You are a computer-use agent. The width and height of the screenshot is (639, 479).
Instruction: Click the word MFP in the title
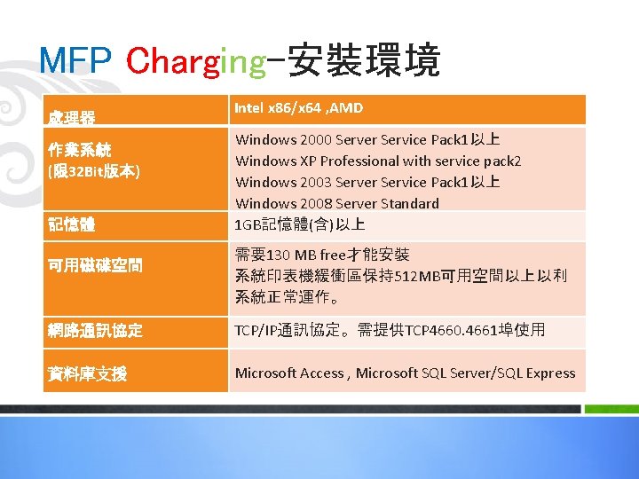(x=75, y=61)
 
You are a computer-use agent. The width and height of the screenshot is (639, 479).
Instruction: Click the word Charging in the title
(x=196, y=61)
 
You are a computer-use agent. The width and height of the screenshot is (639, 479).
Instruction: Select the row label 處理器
(x=72, y=116)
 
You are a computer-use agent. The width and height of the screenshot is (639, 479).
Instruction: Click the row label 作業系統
(x=79, y=149)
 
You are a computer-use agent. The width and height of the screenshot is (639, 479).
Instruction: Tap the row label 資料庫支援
(x=87, y=374)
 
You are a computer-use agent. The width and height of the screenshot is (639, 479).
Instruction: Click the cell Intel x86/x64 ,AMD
(x=298, y=108)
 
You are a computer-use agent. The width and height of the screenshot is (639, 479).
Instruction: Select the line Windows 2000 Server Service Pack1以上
(x=367, y=139)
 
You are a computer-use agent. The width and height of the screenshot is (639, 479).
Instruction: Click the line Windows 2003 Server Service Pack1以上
(x=367, y=182)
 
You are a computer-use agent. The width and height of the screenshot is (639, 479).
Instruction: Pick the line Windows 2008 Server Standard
(x=336, y=203)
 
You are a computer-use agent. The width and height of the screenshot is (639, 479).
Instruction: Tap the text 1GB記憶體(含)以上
(x=299, y=224)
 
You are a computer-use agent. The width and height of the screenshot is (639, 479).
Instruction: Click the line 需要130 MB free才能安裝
(x=321, y=255)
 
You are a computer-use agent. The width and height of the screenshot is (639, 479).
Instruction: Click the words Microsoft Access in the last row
(x=290, y=373)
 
